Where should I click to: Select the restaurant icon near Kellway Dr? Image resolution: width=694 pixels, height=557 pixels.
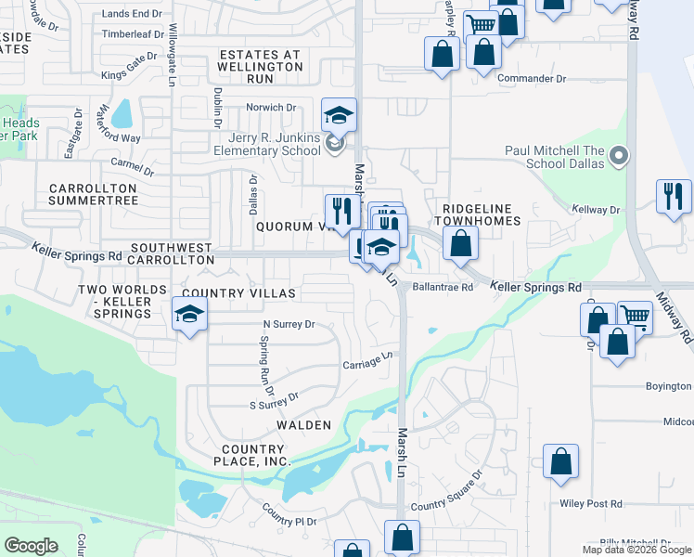(x=674, y=197)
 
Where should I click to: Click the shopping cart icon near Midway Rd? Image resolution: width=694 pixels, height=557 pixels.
(x=636, y=317)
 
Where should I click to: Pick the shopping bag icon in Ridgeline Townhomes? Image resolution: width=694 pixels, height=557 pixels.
(x=460, y=243)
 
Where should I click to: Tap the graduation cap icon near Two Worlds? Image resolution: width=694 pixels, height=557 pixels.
(x=189, y=314)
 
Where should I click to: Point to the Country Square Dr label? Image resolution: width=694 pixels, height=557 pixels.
(x=447, y=491)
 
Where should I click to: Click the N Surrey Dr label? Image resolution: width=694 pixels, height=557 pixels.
(x=289, y=325)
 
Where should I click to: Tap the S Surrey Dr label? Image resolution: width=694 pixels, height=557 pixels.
(x=274, y=399)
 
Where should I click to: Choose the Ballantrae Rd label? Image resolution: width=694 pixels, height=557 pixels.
(x=443, y=288)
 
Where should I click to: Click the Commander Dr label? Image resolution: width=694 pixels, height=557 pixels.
(x=532, y=79)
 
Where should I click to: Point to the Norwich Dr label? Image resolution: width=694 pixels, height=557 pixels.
(x=270, y=108)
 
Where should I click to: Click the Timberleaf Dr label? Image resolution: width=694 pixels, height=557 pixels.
(x=133, y=33)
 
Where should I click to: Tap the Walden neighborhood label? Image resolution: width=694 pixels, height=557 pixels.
(x=303, y=424)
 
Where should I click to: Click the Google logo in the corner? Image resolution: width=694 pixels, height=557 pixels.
(x=31, y=546)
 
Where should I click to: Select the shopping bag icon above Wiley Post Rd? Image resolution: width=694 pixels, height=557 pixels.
(x=560, y=462)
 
